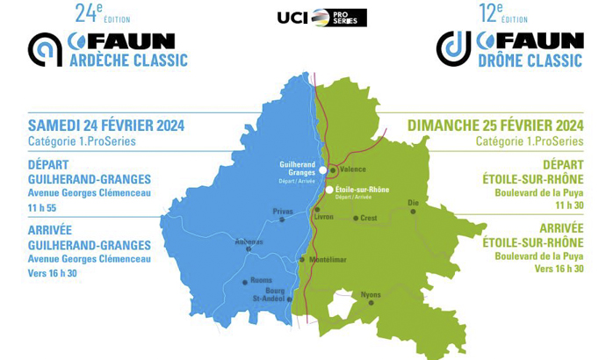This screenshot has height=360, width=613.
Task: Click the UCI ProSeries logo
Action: coord(321,18)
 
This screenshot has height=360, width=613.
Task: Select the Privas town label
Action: coord(283,211)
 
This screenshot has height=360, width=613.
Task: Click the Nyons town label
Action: coord(371,294)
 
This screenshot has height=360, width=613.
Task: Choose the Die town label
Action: coord(414,202)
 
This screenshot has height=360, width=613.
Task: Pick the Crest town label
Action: coord(369,218)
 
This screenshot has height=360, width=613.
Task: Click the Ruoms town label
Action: coord(262,281)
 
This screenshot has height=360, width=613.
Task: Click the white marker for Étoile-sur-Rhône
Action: coord(329,189)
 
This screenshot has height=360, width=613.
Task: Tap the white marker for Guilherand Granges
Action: coord(323,169)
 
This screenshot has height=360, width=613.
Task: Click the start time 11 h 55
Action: coord(45,208)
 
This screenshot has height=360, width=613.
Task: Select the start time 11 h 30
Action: coord(566,205)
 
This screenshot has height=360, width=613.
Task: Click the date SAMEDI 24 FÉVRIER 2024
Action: coord(106,125)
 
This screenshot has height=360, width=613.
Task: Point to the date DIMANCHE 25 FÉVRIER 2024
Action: coord(495,125)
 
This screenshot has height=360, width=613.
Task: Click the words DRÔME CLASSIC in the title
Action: coord(530,60)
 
